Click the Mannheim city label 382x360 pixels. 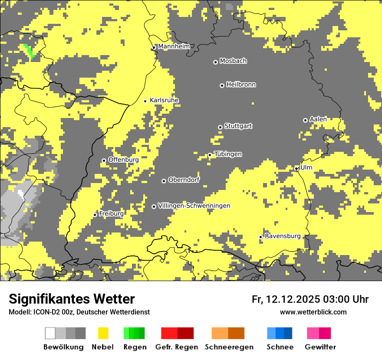click(x=174, y=46)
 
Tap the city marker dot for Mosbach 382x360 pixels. click(x=215, y=62)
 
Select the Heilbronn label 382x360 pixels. click(x=241, y=85)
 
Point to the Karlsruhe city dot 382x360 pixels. click(x=145, y=101)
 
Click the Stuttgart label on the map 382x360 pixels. click(x=238, y=126)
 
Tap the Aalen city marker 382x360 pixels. click(x=305, y=120)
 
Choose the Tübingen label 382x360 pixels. click(x=228, y=154)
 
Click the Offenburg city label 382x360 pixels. click(x=123, y=160)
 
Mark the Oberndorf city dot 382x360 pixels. click(x=164, y=181)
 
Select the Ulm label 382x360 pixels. click(x=306, y=167)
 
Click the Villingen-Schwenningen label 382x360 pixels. click(x=194, y=206)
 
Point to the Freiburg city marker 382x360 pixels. click(x=95, y=215)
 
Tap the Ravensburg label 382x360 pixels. click(x=283, y=236)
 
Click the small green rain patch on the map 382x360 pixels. click(x=29, y=51)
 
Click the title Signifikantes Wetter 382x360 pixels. click(x=72, y=299)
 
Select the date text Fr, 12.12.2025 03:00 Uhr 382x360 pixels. click(x=310, y=299)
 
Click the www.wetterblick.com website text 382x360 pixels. click(x=313, y=312)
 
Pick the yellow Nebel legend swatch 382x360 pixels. click(x=103, y=333)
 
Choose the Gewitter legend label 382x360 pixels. click(x=320, y=347)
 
